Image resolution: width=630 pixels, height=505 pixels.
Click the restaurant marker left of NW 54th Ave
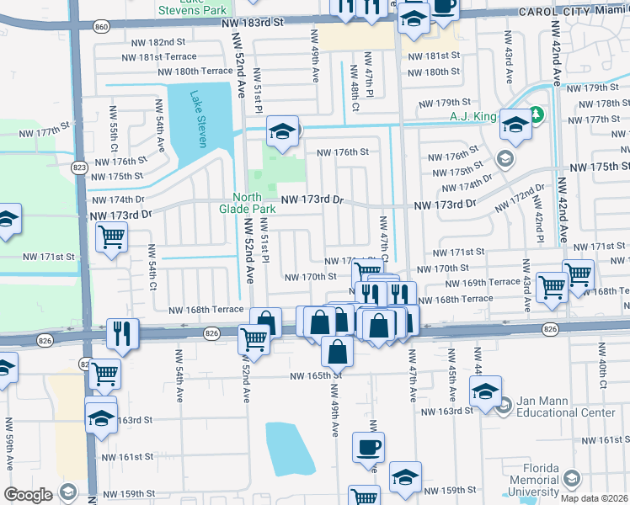[123, 332]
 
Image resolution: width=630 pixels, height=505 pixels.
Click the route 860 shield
[102, 28]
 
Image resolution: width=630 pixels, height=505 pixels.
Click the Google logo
[28, 495]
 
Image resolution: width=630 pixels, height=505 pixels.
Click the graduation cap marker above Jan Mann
[485, 391]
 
